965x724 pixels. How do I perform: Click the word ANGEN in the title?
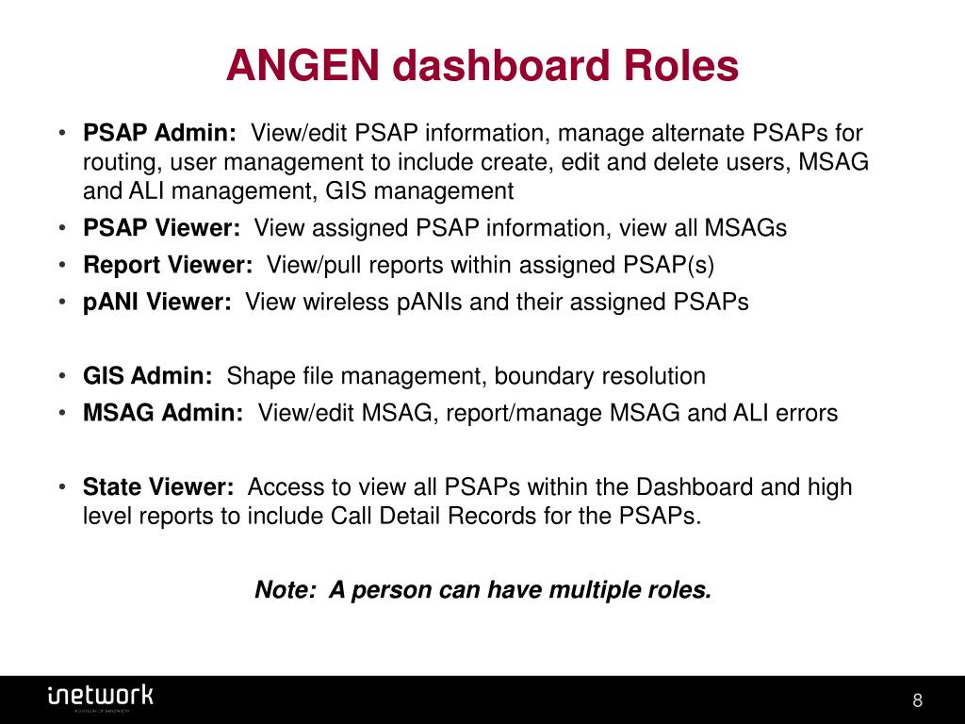coord(303,65)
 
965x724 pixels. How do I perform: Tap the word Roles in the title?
coord(680,65)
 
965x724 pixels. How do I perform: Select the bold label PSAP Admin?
coord(159,133)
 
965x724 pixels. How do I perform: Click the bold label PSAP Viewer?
coord(162,228)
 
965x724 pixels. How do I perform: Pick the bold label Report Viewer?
coord(168,265)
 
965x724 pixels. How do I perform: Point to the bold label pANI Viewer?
coord(157,303)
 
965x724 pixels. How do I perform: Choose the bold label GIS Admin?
coord(148,376)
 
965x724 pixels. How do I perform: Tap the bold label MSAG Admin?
coord(163,413)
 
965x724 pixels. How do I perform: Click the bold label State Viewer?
coord(158,487)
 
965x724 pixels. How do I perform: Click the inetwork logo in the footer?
coord(100,697)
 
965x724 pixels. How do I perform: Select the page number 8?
coord(918,700)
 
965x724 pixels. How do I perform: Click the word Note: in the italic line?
coord(286,590)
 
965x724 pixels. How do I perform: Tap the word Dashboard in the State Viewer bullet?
coord(695,487)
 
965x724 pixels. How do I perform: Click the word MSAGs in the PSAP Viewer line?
coord(745,228)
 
